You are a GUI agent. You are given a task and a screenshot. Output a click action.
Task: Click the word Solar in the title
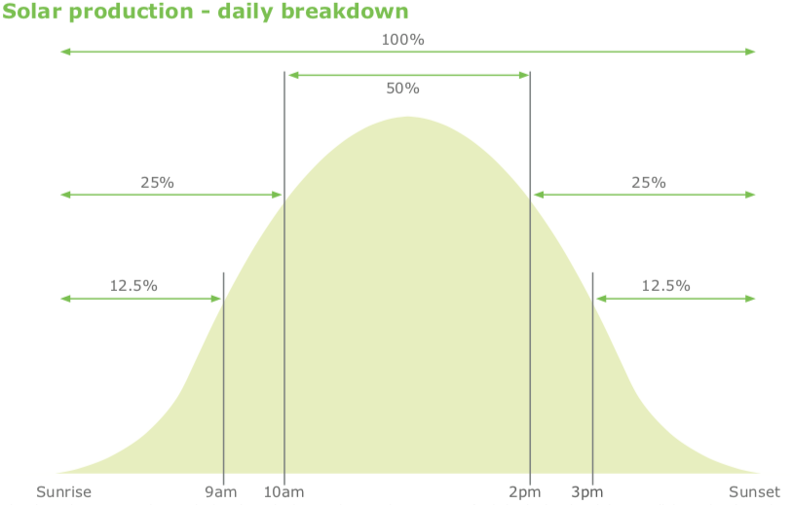point(32,11)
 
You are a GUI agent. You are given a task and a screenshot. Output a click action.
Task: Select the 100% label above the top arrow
point(402,39)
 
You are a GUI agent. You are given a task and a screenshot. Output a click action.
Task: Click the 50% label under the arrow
point(402,89)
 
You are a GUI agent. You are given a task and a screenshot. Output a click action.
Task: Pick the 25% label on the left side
point(158,183)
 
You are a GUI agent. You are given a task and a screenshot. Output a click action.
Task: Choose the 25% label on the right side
point(649,183)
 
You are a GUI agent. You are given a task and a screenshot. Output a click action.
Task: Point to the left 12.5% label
point(133,286)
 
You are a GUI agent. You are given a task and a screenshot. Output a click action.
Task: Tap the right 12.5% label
point(665,286)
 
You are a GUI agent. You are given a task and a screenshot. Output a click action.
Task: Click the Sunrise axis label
point(63,492)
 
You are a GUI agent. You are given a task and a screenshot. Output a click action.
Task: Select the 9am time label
point(220,492)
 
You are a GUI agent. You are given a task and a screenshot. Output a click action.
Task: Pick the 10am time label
point(283,492)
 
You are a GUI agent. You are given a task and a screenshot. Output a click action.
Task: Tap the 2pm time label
point(525,492)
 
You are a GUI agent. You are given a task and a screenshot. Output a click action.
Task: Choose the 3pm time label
point(587,492)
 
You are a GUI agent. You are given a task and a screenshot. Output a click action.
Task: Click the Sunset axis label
point(754,492)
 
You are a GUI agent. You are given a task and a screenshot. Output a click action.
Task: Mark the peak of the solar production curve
point(407,117)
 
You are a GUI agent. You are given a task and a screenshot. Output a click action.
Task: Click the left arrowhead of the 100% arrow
point(65,52)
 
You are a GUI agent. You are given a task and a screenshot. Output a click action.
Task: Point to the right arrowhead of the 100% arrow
point(751,52)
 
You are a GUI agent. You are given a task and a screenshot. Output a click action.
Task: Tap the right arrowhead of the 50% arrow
point(524,75)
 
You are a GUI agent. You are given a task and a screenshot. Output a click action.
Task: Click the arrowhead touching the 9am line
point(216,299)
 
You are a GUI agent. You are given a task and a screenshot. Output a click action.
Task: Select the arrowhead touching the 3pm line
point(601,299)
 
